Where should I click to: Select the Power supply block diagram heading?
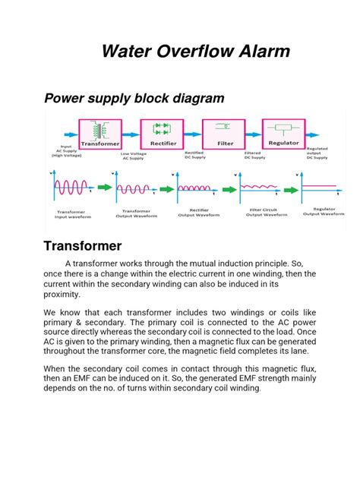point(134,98)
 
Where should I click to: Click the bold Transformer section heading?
point(83,246)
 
